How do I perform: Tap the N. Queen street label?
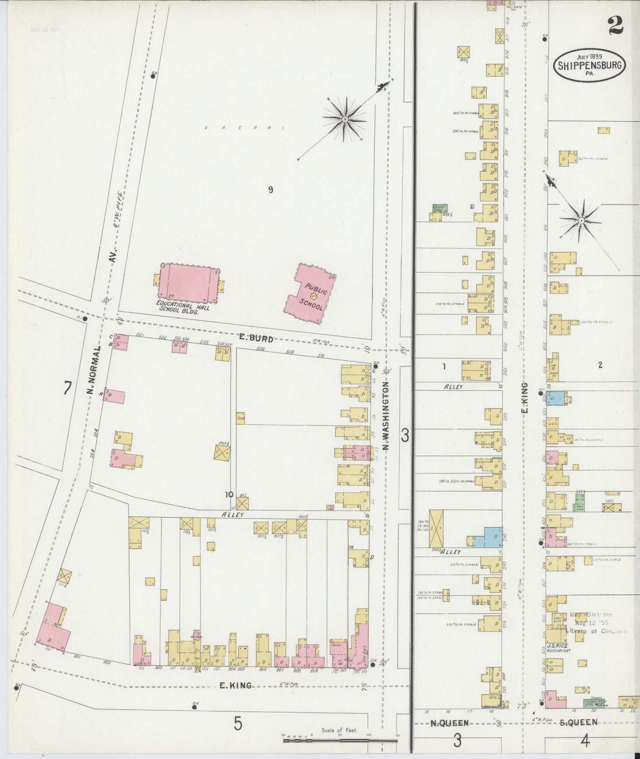click(450, 723)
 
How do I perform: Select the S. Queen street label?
click(578, 722)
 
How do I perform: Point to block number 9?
click(270, 190)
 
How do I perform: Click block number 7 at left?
click(67, 388)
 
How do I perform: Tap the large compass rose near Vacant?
click(344, 119)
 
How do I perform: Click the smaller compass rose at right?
click(581, 220)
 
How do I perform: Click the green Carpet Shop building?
click(439, 208)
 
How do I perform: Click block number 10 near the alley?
click(229, 495)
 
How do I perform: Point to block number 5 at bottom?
click(238, 724)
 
